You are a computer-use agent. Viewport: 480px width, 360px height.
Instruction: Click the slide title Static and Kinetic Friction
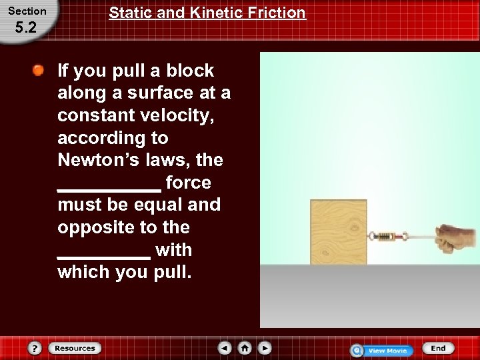click(x=207, y=13)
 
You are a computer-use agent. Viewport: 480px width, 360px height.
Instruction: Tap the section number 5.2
click(x=27, y=29)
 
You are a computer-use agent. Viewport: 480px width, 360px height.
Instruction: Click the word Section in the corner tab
click(x=27, y=11)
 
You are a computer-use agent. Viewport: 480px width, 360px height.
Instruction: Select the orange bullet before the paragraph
click(x=40, y=70)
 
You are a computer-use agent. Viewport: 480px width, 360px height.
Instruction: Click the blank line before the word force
click(x=109, y=188)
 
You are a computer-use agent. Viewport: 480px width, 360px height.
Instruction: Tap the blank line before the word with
click(x=104, y=255)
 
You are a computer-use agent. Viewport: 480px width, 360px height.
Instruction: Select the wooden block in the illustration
click(x=338, y=232)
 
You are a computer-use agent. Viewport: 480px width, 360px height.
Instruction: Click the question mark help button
click(x=35, y=348)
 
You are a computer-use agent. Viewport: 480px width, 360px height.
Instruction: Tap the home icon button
click(x=245, y=348)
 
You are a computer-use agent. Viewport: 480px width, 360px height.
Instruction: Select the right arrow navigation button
click(x=265, y=348)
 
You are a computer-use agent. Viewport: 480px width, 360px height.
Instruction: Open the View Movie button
click(x=382, y=350)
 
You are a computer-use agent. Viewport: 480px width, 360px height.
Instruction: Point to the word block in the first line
click(x=189, y=71)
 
